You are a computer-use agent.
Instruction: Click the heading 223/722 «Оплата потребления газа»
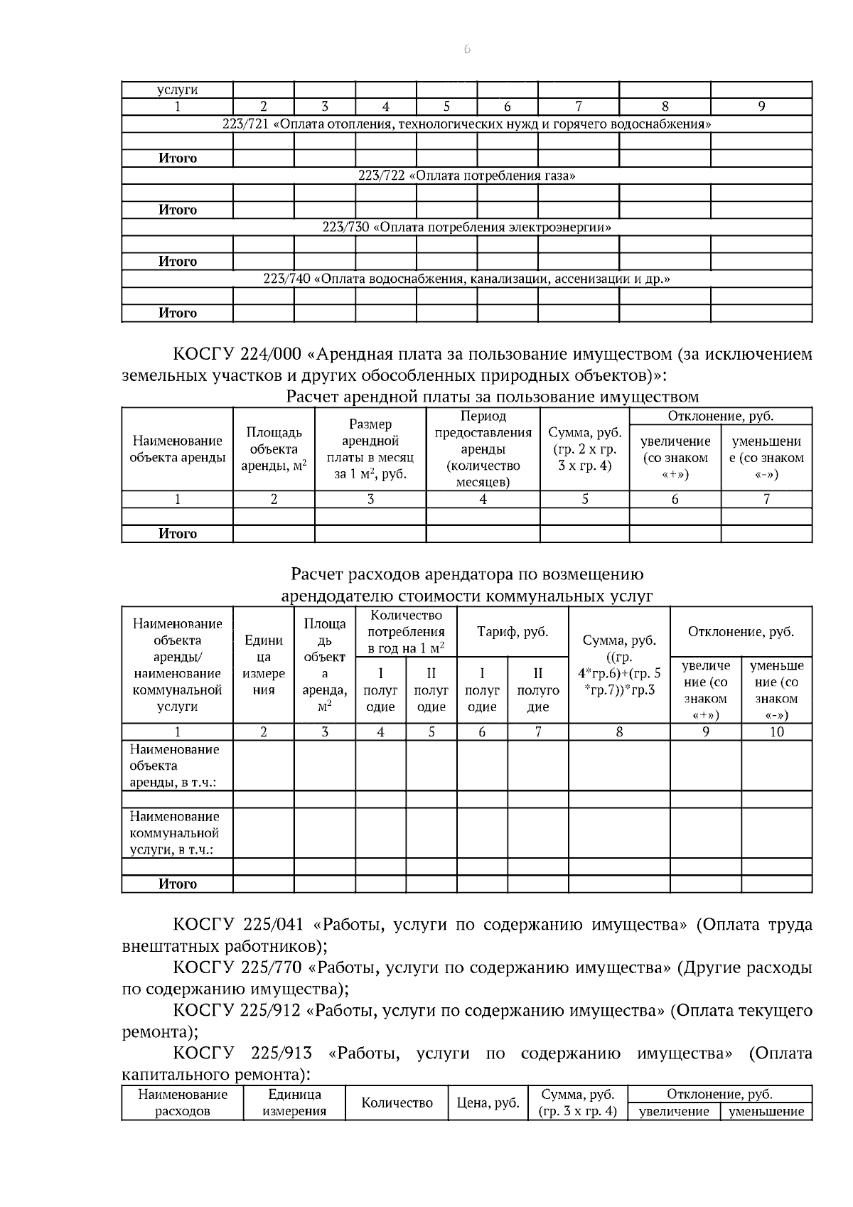pyautogui.click(x=466, y=176)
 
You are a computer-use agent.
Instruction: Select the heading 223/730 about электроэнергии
pyautogui.click(x=466, y=227)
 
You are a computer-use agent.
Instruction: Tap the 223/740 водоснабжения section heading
pyautogui.click(x=466, y=279)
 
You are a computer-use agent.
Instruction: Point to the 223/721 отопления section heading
pyautogui.click(x=466, y=124)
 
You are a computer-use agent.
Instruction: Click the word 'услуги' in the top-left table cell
pyautogui.click(x=177, y=90)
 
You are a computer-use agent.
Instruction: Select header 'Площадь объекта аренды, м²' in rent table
pyautogui.click(x=274, y=449)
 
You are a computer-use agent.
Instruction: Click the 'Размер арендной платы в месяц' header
pyautogui.click(x=370, y=449)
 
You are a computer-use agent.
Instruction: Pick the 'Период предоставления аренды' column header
pyautogui.click(x=483, y=449)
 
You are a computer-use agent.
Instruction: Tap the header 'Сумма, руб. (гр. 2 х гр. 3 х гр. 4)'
pyautogui.click(x=584, y=449)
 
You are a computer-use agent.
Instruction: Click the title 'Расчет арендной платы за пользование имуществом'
pyautogui.click(x=492, y=397)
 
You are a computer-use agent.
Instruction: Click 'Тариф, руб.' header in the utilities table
pyautogui.click(x=513, y=632)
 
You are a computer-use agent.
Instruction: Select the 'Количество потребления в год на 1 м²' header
pyautogui.click(x=406, y=631)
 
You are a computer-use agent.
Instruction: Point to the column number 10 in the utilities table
pyautogui.click(x=776, y=732)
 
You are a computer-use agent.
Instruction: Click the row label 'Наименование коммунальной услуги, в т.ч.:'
pyautogui.click(x=175, y=833)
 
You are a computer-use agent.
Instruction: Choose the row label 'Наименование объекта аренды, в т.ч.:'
pyautogui.click(x=175, y=766)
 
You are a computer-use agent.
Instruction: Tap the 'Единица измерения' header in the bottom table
pyautogui.click(x=294, y=1103)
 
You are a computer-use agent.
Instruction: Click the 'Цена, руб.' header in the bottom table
pyautogui.click(x=488, y=1103)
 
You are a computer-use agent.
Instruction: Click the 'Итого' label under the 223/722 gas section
pyautogui.click(x=177, y=210)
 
